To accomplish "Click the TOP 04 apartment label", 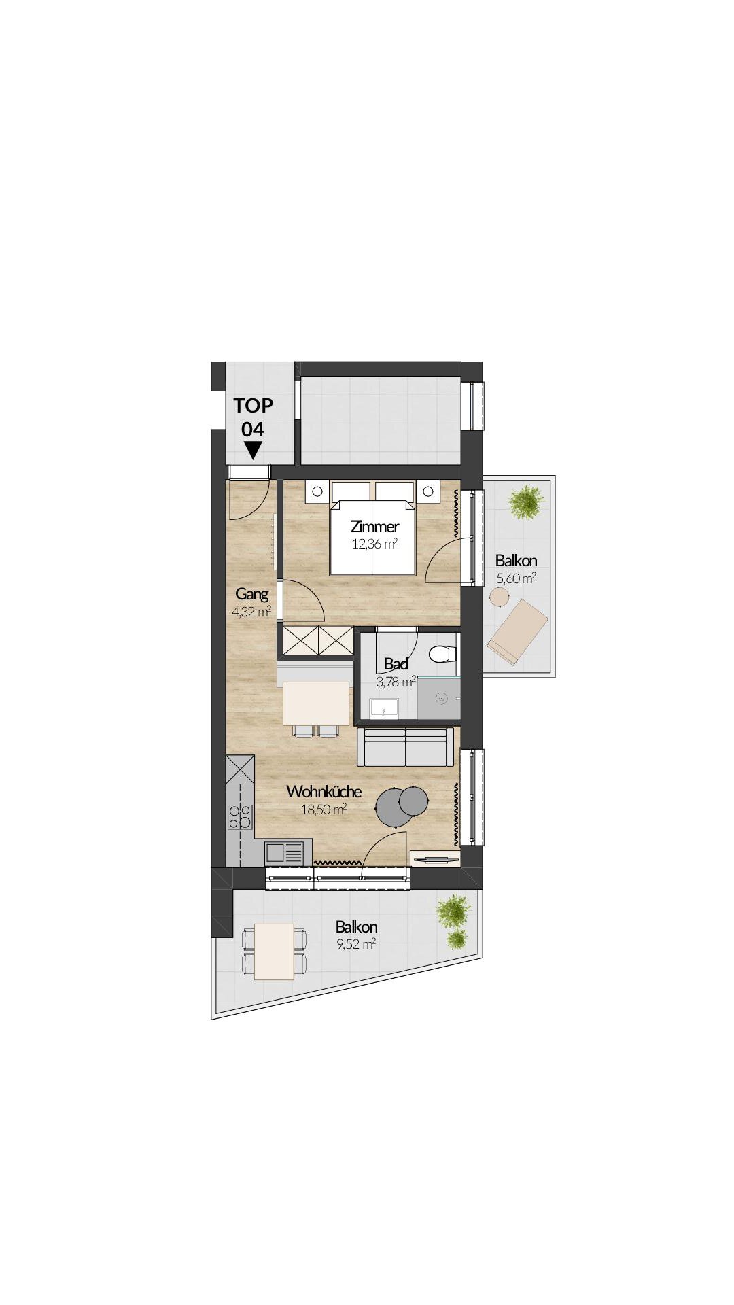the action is tap(253, 417).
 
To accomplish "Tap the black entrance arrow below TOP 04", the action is tap(253, 450).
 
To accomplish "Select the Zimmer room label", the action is tap(374, 527).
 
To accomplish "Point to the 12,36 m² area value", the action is tap(374, 543).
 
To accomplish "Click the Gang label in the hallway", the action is tap(251, 594).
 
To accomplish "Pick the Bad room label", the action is tap(396, 664).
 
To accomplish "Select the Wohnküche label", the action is tap(324, 792).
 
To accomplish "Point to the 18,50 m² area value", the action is tap(324, 809).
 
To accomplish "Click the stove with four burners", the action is tap(240, 816).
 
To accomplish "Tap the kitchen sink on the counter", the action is tap(285, 852).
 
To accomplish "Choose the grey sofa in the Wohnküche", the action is tap(406, 747).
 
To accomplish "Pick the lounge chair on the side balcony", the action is tap(517, 630).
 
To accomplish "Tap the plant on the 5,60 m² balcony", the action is tap(526, 501).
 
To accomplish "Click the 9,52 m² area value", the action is tap(356, 944).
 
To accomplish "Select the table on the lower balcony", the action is tap(274, 951).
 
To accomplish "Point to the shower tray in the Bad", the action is tap(439, 697).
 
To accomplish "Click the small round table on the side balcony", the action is tap(500, 597).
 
